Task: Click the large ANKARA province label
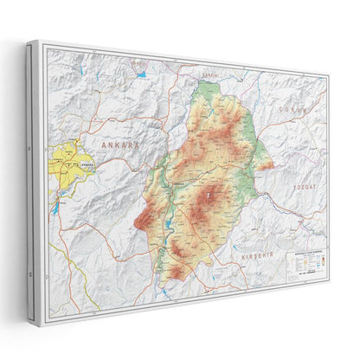(x=120, y=145)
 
